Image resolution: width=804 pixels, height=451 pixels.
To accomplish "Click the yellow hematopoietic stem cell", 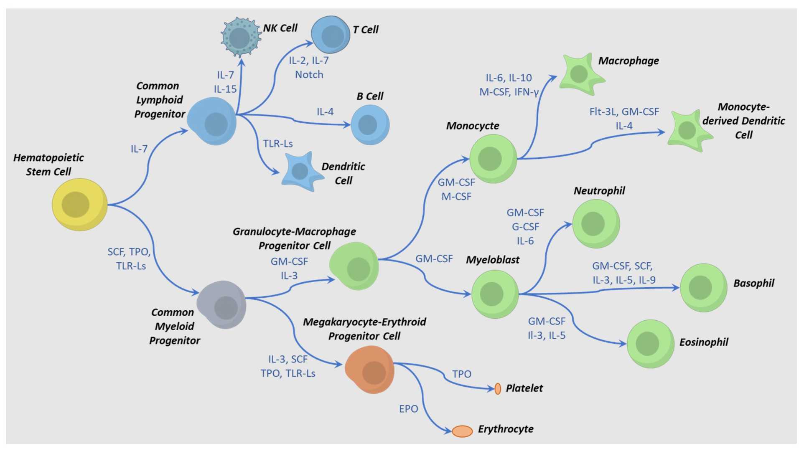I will pos(79,205).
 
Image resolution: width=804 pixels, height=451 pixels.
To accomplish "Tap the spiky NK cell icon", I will pos(240,37).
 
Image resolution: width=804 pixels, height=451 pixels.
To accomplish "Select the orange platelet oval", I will pos(498,389).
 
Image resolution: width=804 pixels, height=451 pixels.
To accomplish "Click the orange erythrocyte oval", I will pos(462,431).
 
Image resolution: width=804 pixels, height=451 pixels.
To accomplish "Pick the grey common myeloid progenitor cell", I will pos(222,305).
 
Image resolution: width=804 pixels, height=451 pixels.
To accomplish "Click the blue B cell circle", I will pos(370,125).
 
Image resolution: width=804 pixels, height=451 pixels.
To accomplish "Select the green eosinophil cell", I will pos(650,344).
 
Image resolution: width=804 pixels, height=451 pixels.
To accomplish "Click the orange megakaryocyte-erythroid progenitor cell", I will pos(370,370).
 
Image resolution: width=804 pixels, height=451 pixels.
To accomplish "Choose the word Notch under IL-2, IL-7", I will pos(309,75).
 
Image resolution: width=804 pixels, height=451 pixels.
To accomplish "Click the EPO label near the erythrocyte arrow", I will pos(408,409).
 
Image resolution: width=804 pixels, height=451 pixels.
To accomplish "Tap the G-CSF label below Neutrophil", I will pos(525,227).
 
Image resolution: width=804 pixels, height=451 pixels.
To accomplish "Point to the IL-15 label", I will pos(225,89).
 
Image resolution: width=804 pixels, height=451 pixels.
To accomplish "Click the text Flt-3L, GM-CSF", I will pos(624,111).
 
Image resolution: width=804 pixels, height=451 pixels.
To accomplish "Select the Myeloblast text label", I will pos(492,260).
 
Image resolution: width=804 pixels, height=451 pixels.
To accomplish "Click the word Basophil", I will pos(753,283).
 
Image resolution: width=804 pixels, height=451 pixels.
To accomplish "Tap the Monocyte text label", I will pos(472,126).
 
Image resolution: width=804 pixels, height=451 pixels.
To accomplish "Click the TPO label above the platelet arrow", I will pos(461,374).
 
